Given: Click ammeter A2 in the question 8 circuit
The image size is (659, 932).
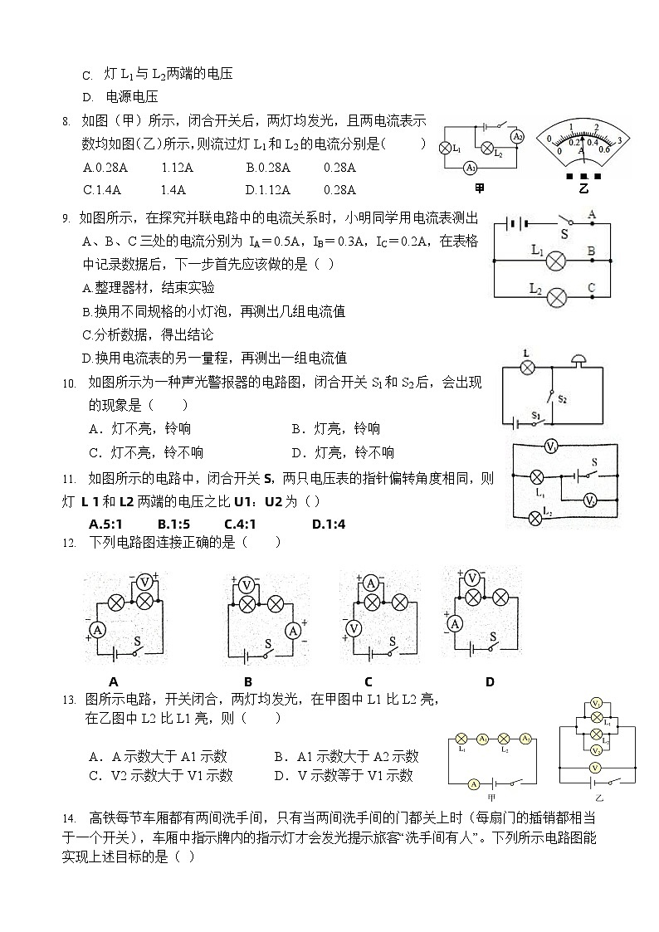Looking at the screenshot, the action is tap(517, 137).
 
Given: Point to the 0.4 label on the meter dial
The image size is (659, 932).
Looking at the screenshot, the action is tap(593, 142).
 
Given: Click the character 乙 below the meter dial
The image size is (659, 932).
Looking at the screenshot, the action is tap(584, 189).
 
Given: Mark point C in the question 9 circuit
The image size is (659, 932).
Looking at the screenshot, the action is tap(592, 289).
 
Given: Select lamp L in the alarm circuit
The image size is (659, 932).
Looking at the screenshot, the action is tap(525, 366).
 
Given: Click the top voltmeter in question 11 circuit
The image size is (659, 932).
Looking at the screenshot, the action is tap(549, 446).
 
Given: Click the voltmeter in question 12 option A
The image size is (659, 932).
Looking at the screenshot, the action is tap(144, 582).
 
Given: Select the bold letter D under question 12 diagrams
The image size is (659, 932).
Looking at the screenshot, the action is tap(490, 682).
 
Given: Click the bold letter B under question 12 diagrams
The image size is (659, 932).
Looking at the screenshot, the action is tap(247, 682).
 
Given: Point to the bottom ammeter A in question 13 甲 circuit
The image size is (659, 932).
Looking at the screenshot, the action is tap(473, 783).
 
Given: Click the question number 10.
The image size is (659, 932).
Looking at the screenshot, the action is tap(69, 383).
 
